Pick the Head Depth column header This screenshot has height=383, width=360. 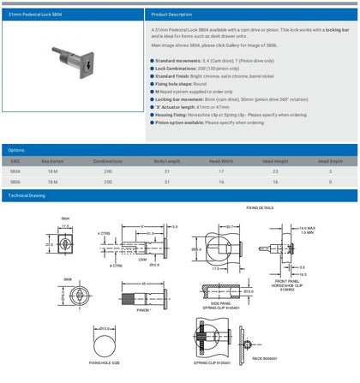point(326,161)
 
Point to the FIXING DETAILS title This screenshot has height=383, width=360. point(260,208)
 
